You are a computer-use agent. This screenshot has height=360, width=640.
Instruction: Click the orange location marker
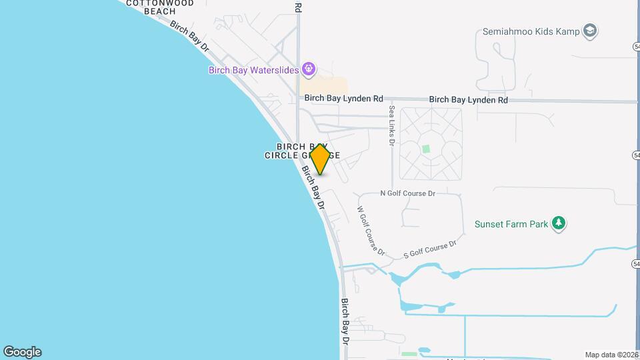point(320,159)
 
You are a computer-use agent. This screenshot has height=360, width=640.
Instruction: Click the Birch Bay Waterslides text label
point(253,69)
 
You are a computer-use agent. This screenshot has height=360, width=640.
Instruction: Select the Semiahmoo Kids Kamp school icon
point(589,31)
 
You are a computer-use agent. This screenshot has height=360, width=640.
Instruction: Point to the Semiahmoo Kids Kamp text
point(531,31)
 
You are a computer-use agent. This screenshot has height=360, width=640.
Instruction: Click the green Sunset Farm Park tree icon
point(559,223)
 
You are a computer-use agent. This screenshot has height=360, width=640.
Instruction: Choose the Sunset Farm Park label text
point(511,224)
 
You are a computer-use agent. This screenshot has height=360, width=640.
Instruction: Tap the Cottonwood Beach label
point(160,7)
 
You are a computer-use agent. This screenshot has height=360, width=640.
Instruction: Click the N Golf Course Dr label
point(407,193)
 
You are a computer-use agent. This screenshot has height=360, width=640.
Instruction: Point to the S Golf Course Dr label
point(430,249)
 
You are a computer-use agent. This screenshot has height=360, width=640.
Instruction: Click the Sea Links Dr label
point(392,126)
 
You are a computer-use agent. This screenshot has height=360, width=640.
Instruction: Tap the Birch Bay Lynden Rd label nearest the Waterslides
point(344,99)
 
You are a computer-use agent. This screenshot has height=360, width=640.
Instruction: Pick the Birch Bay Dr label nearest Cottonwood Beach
point(189,37)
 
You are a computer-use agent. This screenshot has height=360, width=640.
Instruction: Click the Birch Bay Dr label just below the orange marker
point(312,189)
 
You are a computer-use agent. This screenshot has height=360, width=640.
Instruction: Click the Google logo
point(22,352)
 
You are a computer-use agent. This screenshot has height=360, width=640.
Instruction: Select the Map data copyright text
point(611,355)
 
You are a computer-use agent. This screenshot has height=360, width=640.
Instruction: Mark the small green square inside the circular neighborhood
point(426,149)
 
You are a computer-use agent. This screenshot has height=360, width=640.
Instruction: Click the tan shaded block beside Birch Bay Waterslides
point(323,85)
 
